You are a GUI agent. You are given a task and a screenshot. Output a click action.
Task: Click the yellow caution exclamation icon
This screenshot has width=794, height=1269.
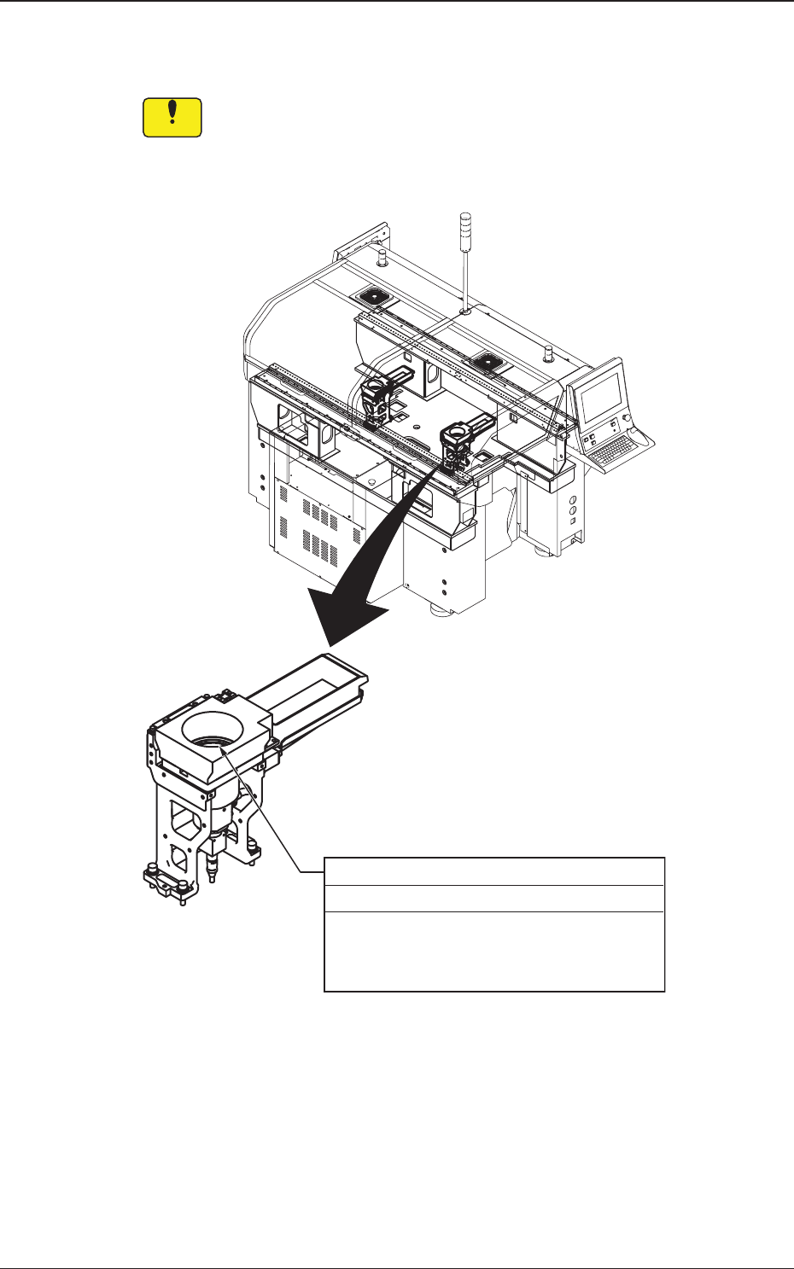(x=172, y=118)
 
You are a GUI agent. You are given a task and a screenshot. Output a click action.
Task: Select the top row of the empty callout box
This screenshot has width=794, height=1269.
(x=493, y=871)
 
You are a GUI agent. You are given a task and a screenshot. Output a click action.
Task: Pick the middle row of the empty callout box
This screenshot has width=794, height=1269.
(x=493, y=899)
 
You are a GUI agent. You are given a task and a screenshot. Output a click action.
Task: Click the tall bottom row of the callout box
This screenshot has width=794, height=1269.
(x=493, y=951)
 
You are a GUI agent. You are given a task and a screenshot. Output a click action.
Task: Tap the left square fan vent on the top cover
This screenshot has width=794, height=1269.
(x=373, y=296)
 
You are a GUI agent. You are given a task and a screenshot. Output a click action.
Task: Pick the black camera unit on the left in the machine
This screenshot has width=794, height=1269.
(x=376, y=400)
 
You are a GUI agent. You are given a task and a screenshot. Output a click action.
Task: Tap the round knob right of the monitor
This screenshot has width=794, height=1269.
(x=628, y=418)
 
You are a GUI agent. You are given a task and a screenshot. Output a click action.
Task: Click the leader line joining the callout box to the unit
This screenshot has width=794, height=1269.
(x=265, y=811)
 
